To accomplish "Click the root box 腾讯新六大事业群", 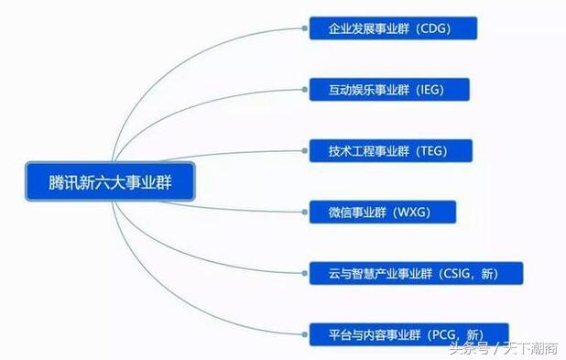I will point(110,182).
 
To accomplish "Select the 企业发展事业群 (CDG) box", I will point(393,28).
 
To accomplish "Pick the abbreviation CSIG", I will point(457,273).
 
